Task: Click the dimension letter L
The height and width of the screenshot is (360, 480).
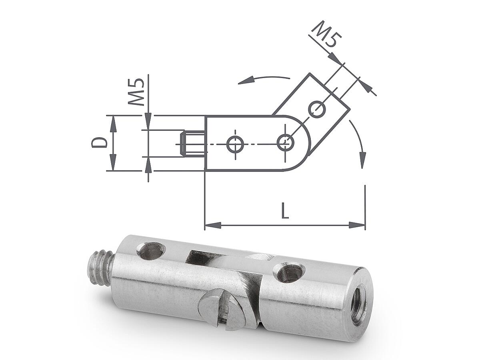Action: coord(285,211)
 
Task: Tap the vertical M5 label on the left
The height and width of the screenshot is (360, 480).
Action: coord(136,92)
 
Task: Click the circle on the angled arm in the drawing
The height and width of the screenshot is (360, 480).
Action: coord(317,109)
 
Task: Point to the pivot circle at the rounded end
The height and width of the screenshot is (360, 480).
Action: coord(285,142)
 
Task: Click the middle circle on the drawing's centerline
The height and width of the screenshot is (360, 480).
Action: coord(235,144)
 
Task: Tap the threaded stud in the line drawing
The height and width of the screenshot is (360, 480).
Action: coord(192,144)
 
